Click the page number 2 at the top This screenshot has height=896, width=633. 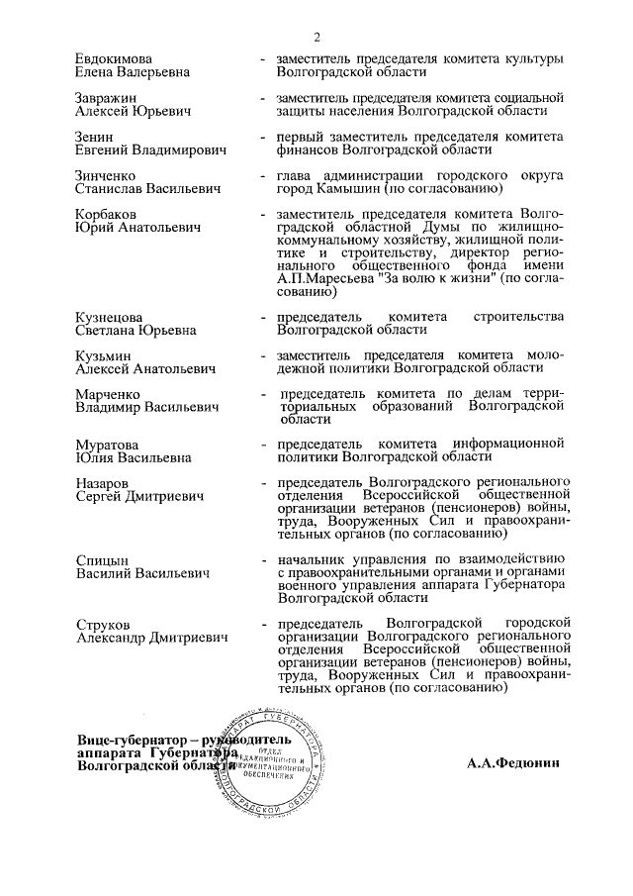tap(317, 38)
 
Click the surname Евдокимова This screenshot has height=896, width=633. tap(114, 58)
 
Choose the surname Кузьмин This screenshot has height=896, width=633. tap(103, 355)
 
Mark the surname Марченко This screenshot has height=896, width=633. tap(108, 394)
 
